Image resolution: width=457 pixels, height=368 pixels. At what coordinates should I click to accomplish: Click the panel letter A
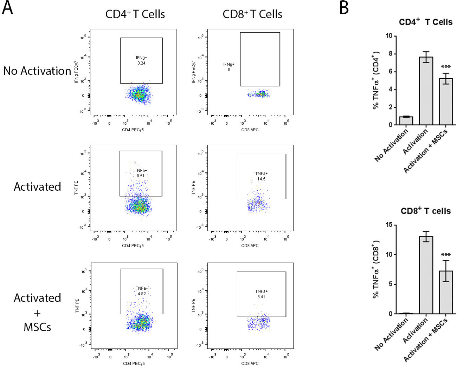7,8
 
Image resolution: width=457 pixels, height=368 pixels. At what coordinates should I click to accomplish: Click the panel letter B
344,8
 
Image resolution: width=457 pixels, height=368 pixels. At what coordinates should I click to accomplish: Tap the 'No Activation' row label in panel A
37,71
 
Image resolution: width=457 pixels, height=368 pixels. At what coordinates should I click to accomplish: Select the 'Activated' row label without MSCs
37,186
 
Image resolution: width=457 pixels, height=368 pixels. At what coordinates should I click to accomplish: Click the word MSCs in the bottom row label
37,327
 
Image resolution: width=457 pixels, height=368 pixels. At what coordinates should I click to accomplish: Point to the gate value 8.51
141,176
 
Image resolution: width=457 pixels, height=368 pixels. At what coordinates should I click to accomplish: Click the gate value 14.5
261,179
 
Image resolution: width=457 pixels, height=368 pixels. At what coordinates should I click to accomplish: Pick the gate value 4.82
142,294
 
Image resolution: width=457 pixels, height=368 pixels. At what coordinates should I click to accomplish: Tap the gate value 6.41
261,297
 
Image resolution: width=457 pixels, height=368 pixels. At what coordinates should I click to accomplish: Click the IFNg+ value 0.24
141,63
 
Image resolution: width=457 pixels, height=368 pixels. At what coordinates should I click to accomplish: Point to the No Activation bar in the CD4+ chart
406,120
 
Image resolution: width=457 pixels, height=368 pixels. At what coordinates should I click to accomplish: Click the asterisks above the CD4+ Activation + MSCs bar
446,67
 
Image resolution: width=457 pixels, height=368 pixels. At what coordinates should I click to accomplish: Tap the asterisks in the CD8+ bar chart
446,255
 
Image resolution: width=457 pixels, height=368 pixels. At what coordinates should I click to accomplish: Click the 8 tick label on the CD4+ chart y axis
390,54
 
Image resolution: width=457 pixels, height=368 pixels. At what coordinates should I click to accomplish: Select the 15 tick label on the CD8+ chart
388,225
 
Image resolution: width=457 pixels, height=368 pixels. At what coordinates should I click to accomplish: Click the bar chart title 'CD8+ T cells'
425,211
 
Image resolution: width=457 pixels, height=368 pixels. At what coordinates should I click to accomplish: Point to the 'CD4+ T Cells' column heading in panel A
135,14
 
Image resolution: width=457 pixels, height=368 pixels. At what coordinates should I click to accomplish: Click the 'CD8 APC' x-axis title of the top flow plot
250,130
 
